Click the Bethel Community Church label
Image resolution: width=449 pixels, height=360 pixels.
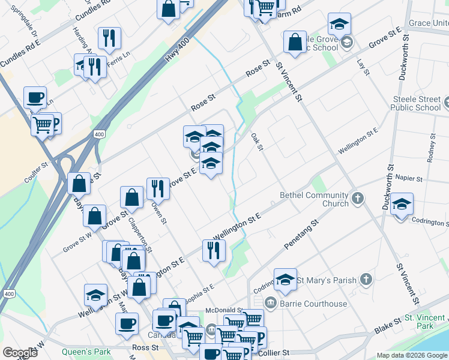pyautogui.click(x=314, y=199)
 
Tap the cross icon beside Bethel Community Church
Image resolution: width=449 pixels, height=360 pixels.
pyautogui.click(x=358, y=199)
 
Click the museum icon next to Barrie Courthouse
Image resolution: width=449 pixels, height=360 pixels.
pyautogui.click(x=270, y=304)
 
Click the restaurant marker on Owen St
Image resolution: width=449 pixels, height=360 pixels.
pyautogui.click(x=157, y=189)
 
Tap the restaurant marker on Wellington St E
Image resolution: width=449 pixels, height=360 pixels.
pyautogui.click(x=213, y=251)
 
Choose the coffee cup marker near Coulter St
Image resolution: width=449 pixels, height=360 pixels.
pyautogui.click(x=35, y=97)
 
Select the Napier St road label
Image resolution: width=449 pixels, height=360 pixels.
pyautogui.click(x=411, y=179)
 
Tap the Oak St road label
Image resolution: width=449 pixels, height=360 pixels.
pyautogui.click(x=258, y=142)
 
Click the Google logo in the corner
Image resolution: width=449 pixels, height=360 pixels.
pyautogui.click(x=20, y=353)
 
